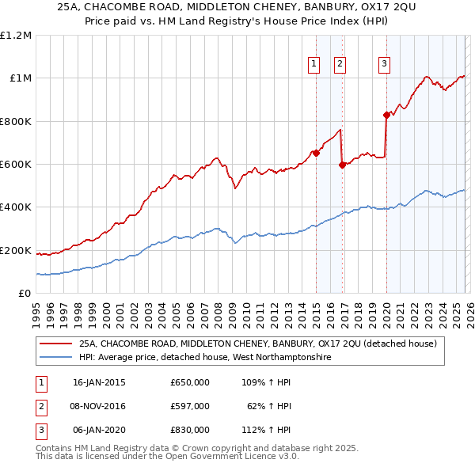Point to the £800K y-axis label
[16, 122]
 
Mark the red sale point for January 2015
[316, 154]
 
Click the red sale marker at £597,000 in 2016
[341, 165]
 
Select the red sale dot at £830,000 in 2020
[386, 115]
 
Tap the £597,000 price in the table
[190, 406]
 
